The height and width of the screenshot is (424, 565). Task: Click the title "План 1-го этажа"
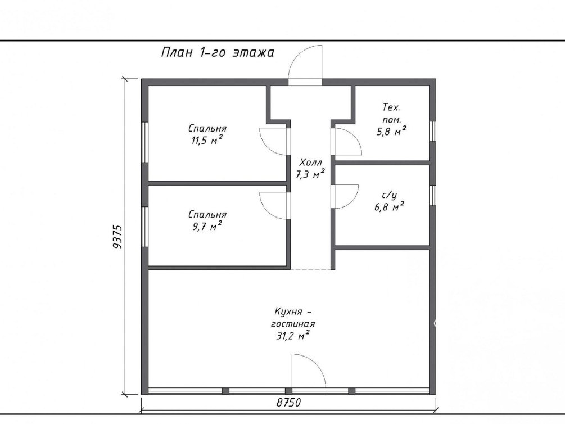217,53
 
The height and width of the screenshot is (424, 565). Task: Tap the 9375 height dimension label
118,237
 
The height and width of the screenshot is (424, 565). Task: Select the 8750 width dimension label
288,403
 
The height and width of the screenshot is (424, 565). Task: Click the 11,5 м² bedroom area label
207,134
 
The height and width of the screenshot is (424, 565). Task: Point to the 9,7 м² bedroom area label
207,220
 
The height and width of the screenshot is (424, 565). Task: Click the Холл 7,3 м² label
310,168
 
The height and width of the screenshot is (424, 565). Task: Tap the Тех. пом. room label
392,119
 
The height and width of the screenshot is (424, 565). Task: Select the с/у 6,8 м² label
389,201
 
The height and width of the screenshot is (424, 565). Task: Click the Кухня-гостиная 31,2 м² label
292,323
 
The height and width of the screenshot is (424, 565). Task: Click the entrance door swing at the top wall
305,65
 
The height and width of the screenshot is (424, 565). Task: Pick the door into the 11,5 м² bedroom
274,142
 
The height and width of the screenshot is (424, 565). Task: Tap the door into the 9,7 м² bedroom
274,205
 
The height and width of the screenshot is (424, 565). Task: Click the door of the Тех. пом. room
346,141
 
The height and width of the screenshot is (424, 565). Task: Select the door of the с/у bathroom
345,196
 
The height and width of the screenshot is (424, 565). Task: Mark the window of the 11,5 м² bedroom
144,142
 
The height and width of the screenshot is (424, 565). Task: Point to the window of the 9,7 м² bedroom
144,227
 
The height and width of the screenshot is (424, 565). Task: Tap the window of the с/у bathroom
433,196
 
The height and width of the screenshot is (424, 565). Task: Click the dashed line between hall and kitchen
310,269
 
